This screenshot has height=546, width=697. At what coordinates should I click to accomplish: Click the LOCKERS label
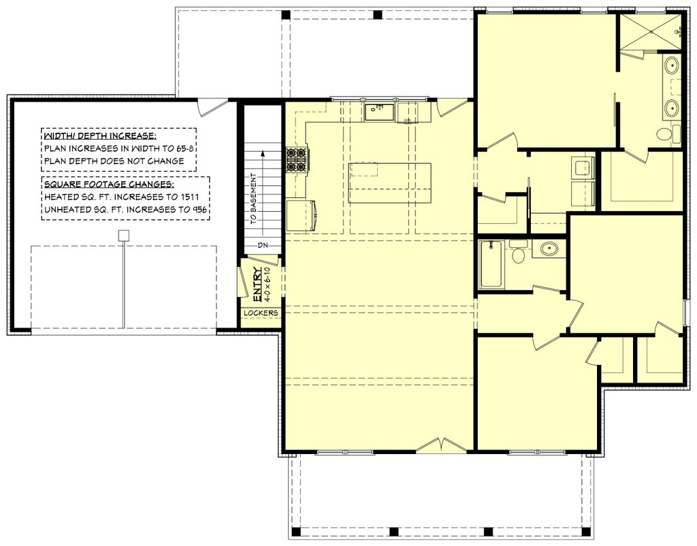[261, 313]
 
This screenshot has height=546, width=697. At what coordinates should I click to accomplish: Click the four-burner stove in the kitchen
[297, 159]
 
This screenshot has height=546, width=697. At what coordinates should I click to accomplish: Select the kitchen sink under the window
[379, 112]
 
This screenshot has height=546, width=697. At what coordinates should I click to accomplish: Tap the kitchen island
[390, 182]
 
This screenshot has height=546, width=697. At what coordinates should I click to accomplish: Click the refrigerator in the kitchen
[300, 214]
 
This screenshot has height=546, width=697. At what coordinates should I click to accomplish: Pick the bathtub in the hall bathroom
[491, 264]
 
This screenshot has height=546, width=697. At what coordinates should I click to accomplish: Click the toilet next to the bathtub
[519, 253]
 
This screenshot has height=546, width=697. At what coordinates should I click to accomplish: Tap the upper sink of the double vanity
[671, 67]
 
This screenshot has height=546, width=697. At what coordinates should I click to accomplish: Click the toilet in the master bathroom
[667, 133]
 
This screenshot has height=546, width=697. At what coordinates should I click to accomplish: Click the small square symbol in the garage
[123, 236]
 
